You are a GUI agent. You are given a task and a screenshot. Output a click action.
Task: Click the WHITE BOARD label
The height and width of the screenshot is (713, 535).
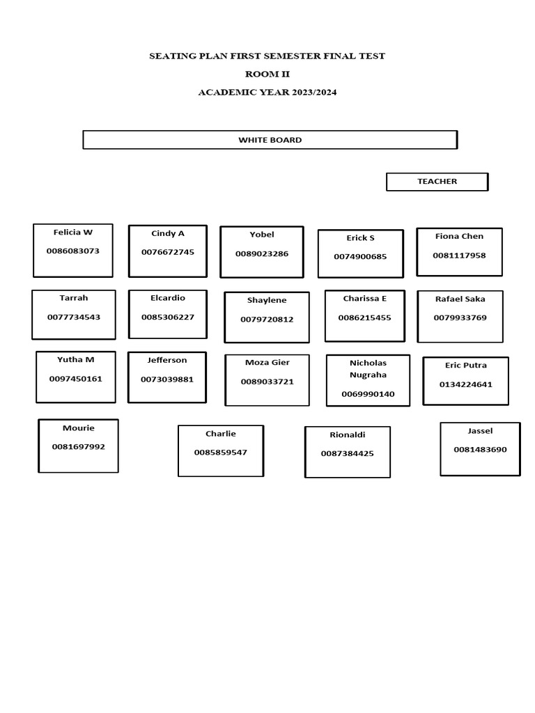270,140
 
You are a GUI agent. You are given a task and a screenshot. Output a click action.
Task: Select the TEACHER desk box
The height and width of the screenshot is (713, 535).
437,182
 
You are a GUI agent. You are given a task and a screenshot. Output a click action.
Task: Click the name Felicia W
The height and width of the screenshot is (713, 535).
72,233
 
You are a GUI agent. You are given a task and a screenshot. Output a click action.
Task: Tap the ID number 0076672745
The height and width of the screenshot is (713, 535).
168,252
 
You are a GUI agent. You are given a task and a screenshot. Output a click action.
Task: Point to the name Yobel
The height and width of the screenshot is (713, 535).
262,235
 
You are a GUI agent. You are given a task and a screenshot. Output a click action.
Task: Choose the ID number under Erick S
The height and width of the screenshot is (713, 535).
360,256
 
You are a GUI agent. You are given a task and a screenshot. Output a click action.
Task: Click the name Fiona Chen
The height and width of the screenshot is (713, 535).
460,237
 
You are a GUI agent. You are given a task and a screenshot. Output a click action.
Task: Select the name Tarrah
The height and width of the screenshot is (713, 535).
74,298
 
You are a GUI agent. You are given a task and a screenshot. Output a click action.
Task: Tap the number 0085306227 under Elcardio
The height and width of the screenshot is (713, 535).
168,317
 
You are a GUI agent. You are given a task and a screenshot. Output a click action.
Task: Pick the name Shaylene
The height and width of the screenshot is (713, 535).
267,301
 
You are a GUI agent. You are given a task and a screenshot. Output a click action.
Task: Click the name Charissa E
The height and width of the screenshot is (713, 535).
365,299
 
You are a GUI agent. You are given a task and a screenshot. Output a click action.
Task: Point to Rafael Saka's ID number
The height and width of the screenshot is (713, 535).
460,318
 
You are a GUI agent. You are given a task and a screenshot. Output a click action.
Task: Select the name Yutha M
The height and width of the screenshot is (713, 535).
75,360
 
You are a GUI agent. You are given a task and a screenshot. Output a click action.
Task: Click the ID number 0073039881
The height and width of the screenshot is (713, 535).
167,379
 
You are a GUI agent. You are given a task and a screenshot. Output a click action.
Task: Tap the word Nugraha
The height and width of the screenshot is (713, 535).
368,375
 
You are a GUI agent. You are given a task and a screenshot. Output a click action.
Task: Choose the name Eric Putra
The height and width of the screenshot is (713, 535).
466,365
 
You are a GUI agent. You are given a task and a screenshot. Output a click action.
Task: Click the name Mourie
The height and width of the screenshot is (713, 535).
79,428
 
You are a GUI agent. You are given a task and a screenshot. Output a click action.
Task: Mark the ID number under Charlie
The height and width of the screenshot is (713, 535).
221,453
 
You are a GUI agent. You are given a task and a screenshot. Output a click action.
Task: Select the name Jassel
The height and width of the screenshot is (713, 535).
481,431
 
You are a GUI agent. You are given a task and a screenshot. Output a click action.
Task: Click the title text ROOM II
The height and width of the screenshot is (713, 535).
267,74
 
